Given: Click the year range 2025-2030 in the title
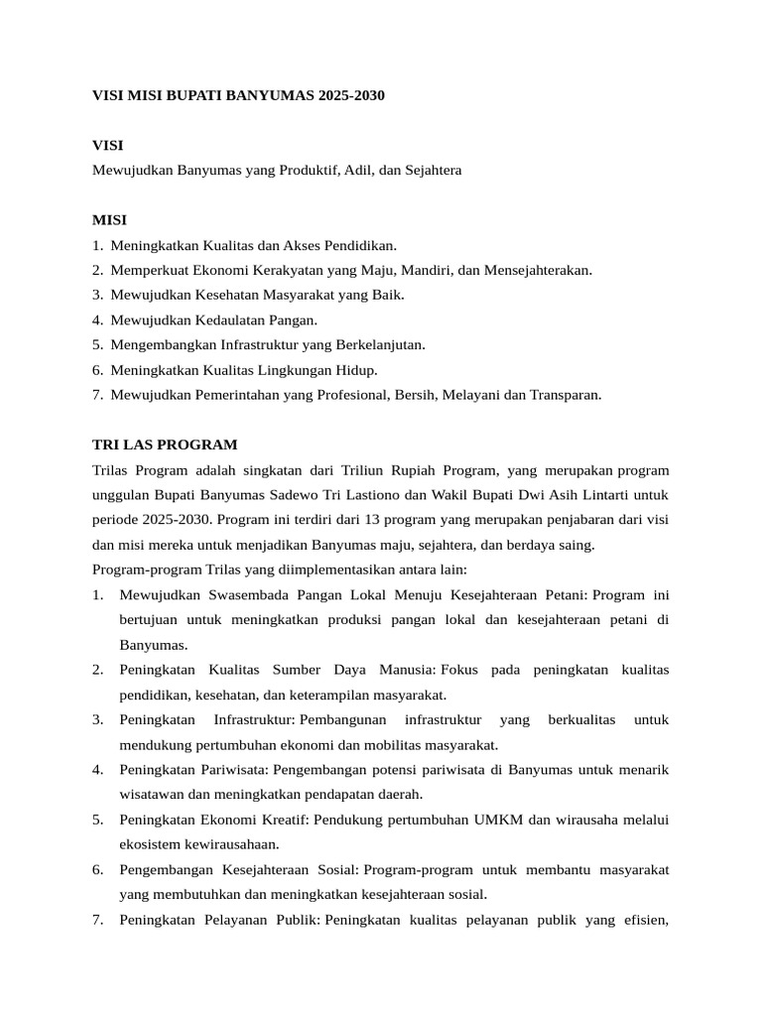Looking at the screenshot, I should [x=351, y=96].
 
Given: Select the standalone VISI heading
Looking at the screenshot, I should [x=108, y=145].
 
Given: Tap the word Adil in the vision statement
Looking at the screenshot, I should [x=355, y=171].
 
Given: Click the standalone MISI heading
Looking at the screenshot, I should [x=109, y=219].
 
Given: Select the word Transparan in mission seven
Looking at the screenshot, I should [x=566, y=394].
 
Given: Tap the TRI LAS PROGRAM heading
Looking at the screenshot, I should [x=165, y=444].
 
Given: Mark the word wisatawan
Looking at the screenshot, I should [x=155, y=794].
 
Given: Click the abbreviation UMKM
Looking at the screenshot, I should [x=501, y=820].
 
